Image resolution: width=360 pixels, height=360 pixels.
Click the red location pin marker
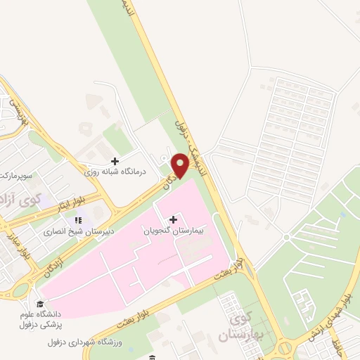[x=181, y=165]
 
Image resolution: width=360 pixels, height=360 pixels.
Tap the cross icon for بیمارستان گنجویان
[x=174, y=219]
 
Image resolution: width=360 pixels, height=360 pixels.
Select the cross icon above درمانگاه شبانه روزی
[x=115, y=161]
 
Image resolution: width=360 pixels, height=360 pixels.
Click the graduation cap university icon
[x=41, y=304]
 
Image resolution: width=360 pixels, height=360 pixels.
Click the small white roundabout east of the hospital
[x=286, y=237]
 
